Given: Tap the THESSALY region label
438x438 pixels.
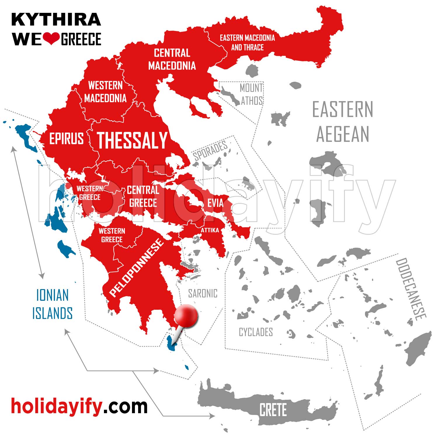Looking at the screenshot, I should [x=132, y=140].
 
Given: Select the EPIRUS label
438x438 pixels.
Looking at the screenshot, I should [x=66, y=138].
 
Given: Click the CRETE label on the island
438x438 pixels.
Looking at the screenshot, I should [x=273, y=409].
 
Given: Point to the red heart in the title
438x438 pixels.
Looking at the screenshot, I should [x=51, y=39].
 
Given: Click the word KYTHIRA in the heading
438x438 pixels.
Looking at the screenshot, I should [x=56, y=20].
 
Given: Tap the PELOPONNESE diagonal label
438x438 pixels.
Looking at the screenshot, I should [x=136, y=267].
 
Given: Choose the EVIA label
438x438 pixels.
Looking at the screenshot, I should [x=215, y=203].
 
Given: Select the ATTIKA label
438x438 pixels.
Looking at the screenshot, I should [x=210, y=230].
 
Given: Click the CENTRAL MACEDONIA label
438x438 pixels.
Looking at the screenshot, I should [x=172, y=59].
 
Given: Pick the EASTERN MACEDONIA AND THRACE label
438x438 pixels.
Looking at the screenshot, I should [x=247, y=43].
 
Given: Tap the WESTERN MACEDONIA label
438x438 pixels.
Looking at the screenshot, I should [x=105, y=92].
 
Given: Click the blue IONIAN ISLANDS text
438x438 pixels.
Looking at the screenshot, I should [x=52, y=304].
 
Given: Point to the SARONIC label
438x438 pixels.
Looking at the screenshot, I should [x=203, y=293].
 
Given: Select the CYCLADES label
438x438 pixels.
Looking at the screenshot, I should [x=256, y=332].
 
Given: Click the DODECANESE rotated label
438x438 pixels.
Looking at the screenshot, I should [x=411, y=289].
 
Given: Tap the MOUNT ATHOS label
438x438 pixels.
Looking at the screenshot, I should [x=251, y=94].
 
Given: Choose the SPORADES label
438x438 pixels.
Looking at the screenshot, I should [x=210, y=150].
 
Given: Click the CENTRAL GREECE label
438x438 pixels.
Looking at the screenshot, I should [x=143, y=197].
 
